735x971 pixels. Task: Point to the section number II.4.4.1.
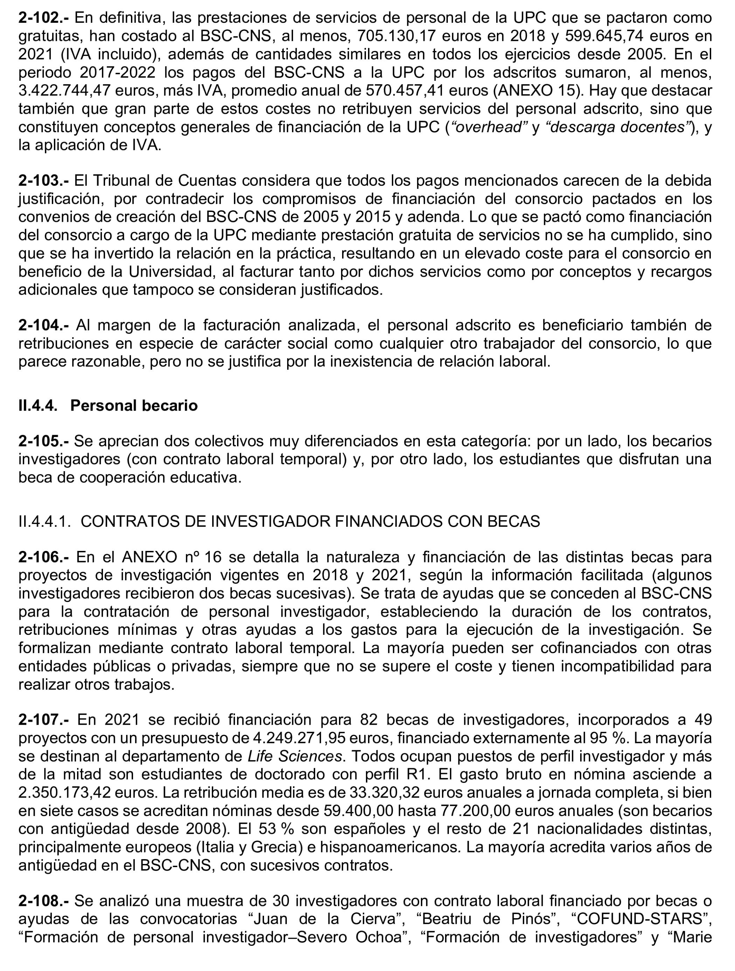click(44, 521)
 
